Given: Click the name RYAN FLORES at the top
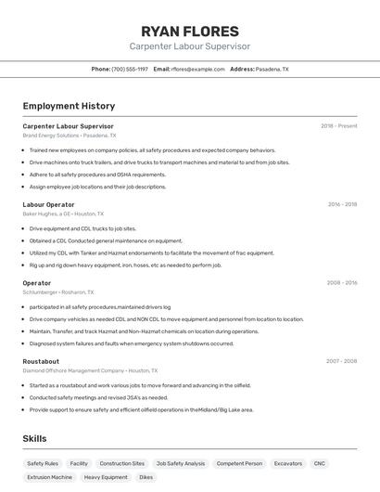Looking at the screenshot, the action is pos(189,32).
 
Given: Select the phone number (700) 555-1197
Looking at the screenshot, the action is pos(130,69).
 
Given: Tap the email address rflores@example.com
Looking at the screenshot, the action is pos(197,69).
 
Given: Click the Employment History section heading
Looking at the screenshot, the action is pos(69,106).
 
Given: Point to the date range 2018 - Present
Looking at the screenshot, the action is pos(339,126).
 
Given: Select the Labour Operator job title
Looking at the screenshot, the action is pos(48,204).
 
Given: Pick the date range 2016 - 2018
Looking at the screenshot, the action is pos(342,204).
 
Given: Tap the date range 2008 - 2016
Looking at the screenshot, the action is pos(342,283).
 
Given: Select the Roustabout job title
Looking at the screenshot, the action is pos(41,361).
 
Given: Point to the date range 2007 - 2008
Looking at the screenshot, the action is pos(342,361).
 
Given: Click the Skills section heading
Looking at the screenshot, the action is pos(34,439).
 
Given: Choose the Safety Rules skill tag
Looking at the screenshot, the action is pos(43,463).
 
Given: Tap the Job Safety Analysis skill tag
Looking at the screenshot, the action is pos(181,463).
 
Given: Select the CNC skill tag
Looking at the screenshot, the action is pos(320,463).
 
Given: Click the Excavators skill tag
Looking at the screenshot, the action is pos(288,463).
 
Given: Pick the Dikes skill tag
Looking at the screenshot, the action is pos(146,477).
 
